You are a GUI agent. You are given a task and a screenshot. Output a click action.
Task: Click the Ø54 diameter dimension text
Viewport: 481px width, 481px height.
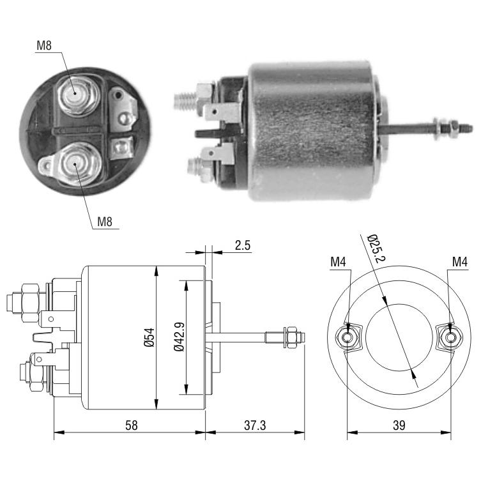pyautogui.click(x=149, y=337)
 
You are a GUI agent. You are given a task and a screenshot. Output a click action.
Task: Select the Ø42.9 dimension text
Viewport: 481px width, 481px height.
pyautogui.click(x=179, y=337)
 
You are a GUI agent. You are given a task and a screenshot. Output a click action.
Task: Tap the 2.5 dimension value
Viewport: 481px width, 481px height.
pyautogui.click(x=243, y=245)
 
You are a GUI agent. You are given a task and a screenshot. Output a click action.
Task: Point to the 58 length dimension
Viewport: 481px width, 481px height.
pyautogui.click(x=132, y=425)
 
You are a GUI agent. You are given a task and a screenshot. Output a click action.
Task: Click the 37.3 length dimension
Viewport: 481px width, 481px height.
pyautogui.click(x=255, y=425)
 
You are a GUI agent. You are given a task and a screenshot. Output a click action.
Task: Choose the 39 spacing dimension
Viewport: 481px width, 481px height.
pyautogui.click(x=399, y=425)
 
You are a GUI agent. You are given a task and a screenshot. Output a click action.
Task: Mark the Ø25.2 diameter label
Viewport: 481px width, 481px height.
pyautogui.click(x=376, y=248)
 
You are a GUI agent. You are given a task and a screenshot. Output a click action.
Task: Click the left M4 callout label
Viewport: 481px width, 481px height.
pyautogui.click(x=338, y=262)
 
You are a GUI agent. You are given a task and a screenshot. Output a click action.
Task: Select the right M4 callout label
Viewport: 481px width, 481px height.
pyautogui.click(x=460, y=262)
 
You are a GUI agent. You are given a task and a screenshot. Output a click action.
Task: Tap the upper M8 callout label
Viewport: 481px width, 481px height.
pyautogui.click(x=44, y=45)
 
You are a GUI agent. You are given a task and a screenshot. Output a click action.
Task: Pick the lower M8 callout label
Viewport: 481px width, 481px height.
pyautogui.click(x=105, y=221)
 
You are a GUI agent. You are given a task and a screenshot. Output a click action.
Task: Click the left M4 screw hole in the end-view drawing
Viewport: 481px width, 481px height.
pyautogui.click(x=347, y=337)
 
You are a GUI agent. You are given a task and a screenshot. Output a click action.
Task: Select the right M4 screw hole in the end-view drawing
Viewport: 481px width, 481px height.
pyautogui.click(x=450, y=337)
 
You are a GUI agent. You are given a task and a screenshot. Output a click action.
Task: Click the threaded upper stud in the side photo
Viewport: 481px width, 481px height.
pyautogui.click(x=186, y=101)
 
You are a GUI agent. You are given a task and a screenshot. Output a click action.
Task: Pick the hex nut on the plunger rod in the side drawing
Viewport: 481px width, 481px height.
pyautogui.click(x=291, y=337)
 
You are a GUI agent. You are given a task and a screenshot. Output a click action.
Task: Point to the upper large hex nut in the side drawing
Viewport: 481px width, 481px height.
pyautogui.click(x=30, y=303)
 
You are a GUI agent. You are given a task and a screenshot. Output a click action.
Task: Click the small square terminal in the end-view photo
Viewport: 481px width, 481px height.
pyautogui.click(x=121, y=148)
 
